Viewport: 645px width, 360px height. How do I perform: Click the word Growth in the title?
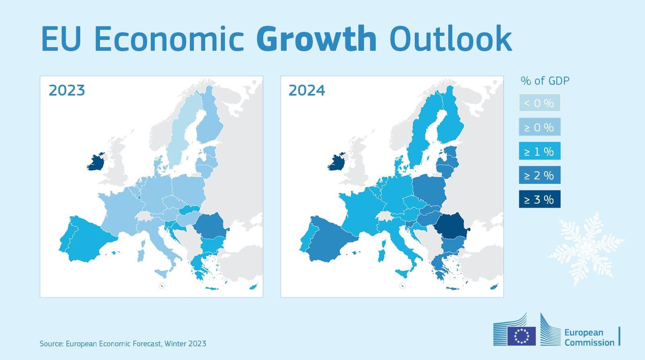coord(316,39)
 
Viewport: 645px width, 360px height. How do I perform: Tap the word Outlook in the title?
coord(450,39)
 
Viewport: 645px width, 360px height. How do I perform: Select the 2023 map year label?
coord(67,90)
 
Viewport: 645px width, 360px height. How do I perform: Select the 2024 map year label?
coord(307,90)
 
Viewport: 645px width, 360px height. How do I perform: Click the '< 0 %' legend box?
coord(539,103)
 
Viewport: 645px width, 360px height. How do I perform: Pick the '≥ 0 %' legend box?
coord(539,127)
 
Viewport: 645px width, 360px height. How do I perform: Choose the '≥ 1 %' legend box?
coord(539,152)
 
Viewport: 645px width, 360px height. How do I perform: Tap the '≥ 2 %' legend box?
coord(539,175)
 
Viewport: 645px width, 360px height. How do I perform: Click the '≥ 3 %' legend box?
coord(539,200)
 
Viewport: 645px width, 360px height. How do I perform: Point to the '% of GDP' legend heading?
coord(545,81)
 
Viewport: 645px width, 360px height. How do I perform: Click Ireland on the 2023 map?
coord(96,162)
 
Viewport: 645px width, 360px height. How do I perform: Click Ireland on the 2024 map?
coord(337,162)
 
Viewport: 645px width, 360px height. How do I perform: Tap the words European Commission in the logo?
coord(589,337)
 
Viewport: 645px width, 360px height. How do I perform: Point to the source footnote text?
coord(123,344)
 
